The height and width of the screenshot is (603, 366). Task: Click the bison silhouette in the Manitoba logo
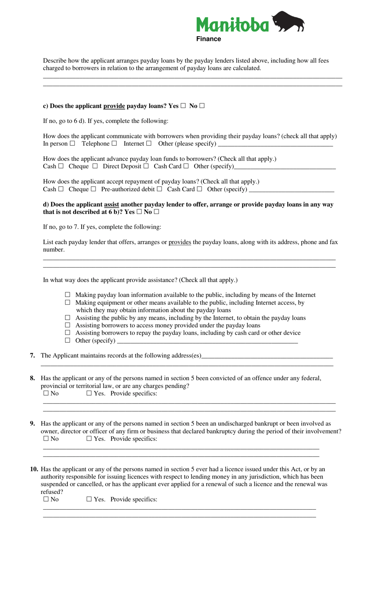[288, 22]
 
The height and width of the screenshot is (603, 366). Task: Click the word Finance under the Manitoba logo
[208, 39]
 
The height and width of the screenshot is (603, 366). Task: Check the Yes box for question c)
[183, 106]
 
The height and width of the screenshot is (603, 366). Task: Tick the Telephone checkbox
[114, 143]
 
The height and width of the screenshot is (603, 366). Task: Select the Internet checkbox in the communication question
[149, 143]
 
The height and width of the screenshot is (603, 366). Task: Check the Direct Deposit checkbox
[146, 166]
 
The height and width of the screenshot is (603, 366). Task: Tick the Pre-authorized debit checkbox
[159, 189]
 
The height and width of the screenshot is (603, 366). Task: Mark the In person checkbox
[72, 143]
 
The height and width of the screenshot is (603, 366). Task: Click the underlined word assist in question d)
[111, 204]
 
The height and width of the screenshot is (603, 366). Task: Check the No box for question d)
[156, 212]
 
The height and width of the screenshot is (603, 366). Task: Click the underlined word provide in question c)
[114, 106]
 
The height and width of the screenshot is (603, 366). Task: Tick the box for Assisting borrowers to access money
[68, 325]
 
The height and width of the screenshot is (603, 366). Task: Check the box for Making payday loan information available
[68, 295]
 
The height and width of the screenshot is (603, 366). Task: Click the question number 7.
[32, 355]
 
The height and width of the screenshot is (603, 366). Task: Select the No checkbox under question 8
[46, 393]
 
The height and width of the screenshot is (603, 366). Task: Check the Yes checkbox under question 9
[89, 438]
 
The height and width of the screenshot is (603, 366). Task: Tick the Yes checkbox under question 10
[89, 499]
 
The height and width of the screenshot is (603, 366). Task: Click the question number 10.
[34, 469]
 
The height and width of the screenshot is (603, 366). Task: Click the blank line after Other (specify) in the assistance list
[207, 341]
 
